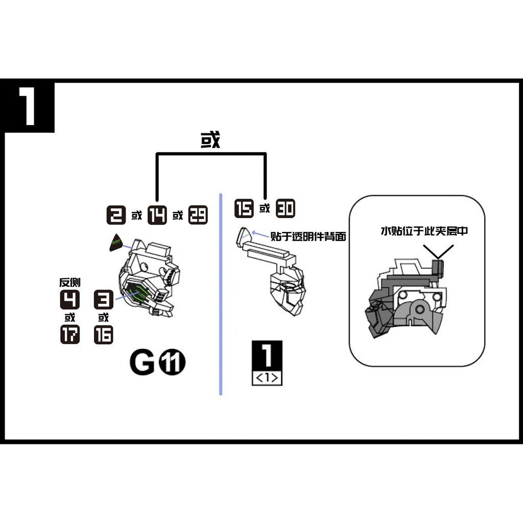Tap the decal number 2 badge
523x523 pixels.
click(x=116, y=215)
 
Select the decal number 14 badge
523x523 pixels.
click(x=157, y=215)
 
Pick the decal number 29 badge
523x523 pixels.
click(x=198, y=215)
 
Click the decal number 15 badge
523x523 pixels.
click(x=244, y=209)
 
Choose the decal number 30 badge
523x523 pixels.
click(x=286, y=209)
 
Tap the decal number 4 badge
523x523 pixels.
click(x=70, y=299)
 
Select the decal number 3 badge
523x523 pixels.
click(x=103, y=299)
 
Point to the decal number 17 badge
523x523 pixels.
click(x=70, y=334)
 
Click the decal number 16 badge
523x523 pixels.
click(x=103, y=334)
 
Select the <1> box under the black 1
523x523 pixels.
click(x=267, y=378)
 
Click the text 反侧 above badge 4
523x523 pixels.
click(x=70, y=282)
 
